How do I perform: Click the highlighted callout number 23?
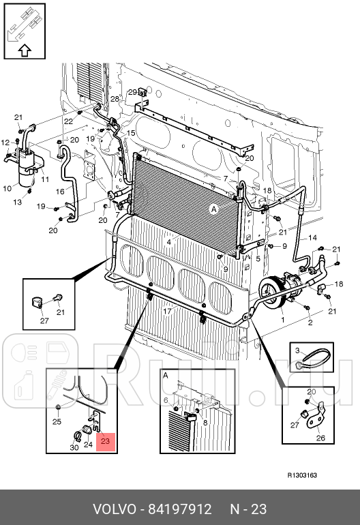[x=105, y=441]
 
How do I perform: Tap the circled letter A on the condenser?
[x=214, y=210]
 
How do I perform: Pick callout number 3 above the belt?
[x=297, y=350]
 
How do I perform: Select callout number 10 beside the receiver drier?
[x=7, y=188]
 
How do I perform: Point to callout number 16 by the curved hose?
[x=61, y=192]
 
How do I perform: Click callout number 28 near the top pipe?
[x=115, y=100]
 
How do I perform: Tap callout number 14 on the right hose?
[x=313, y=237]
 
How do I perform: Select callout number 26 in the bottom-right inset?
[x=320, y=439]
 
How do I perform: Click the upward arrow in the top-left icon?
[x=24, y=50]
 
